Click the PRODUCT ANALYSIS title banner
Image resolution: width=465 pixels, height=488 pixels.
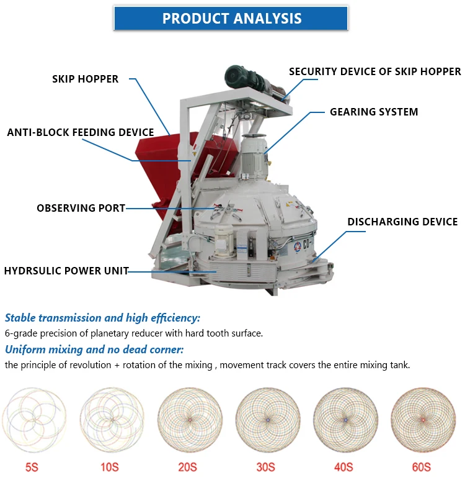pyautogui.click(x=232, y=18)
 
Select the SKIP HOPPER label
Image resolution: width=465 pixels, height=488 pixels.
pyautogui.click(x=85, y=79)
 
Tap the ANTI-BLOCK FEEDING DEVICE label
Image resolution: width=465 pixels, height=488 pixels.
pyautogui.click(x=80, y=132)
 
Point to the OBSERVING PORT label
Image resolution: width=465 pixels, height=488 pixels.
pyautogui.click(x=81, y=208)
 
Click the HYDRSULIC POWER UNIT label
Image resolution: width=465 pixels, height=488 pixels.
pyautogui.click(x=66, y=271)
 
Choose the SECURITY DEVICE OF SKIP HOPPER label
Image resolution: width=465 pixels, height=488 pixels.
pyautogui.click(x=374, y=71)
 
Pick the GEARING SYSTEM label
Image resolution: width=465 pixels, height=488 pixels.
pyautogui.click(x=374, y=112)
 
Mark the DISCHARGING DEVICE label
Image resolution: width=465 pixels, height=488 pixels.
pyautogui.click(x=402, y=222)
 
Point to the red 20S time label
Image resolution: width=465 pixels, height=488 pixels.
pyautogui.click(x=188, y=466)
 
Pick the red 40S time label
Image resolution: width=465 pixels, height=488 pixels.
pyautogui.click(x=344, y=466)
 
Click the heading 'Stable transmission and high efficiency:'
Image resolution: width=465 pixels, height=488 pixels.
pyautogui.click(x=102, y=318)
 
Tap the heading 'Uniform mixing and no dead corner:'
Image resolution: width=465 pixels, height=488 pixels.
pyautogui.click(x=94, y=349)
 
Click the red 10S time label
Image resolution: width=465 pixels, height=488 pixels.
pyautogui.click(x=110, y=466)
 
